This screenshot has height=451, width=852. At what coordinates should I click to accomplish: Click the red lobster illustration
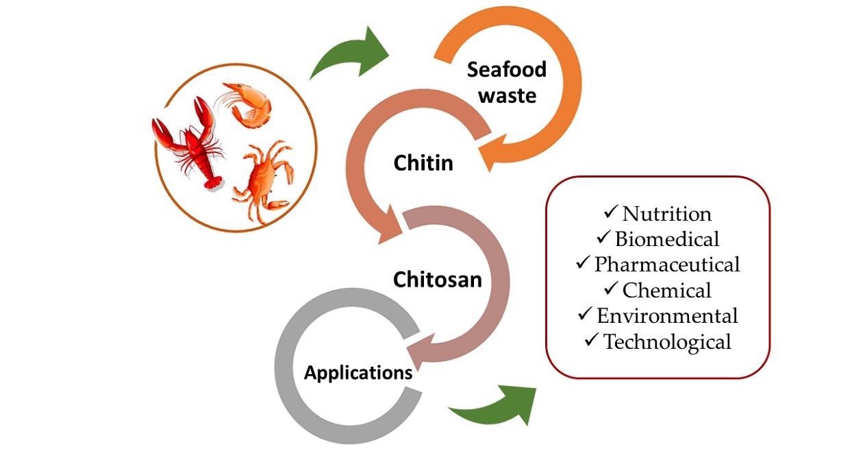[190, 145]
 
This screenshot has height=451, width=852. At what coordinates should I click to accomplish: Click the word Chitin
[423, 163]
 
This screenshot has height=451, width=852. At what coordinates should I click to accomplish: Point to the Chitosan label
[438, 280]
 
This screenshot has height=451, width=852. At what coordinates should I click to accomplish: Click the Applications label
[358, 373]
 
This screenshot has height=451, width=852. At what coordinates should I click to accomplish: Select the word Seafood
[507, 69]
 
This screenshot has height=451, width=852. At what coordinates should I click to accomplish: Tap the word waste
[508, 95]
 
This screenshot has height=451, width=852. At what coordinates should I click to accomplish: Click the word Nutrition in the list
[667, 214]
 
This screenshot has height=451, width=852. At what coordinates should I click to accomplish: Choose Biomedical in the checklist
[667, 239]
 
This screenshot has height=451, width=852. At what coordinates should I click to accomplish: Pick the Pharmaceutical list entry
[667, 264]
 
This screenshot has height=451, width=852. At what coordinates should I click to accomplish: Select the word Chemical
[667, 290]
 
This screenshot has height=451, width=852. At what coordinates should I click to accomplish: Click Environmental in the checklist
[667, 315]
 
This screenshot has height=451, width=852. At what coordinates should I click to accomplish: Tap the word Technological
[667, 341]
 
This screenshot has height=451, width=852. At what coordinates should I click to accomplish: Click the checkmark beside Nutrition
[610, 212]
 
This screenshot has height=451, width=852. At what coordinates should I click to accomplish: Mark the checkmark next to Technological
[591, 339]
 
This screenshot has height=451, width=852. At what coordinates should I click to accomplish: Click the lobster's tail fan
[213, 184]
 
